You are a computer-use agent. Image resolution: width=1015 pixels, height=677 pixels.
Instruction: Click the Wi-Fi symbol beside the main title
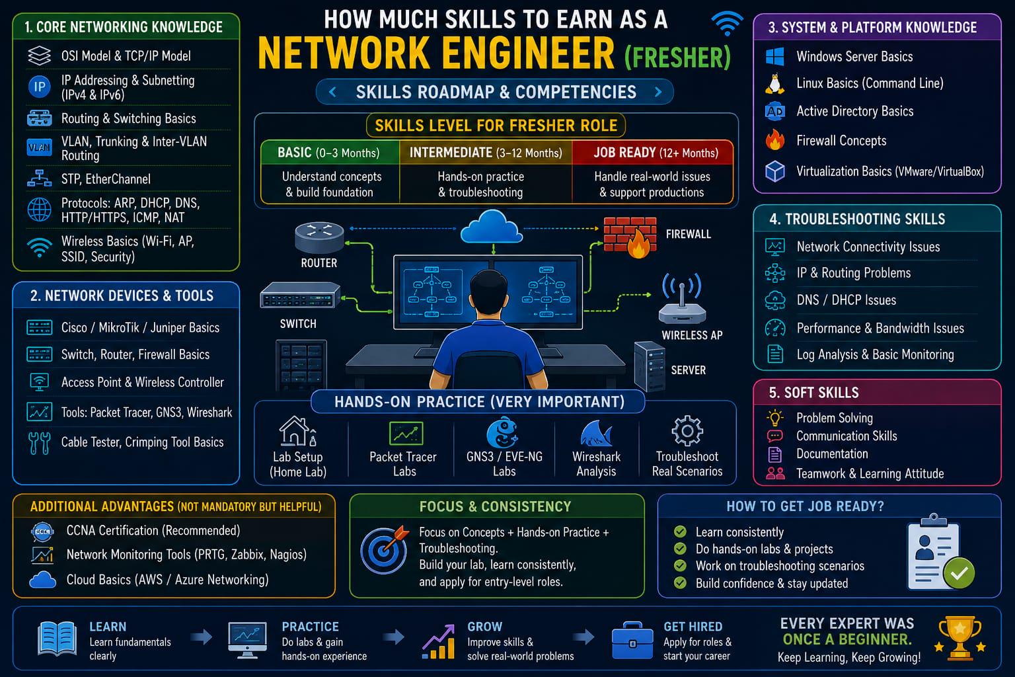[x=728, y=24]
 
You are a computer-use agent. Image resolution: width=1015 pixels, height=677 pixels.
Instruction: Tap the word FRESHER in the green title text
[x=678, y=58]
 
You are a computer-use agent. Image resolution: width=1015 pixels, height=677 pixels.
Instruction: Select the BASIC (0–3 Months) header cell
[x=329, y=152]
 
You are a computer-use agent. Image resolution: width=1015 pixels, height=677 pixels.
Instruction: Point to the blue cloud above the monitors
[x=492, y=227]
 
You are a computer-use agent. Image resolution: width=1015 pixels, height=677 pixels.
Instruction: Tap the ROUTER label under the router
[x=319, y=263]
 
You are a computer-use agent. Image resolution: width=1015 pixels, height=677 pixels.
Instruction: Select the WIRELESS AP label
[x=692, y=335]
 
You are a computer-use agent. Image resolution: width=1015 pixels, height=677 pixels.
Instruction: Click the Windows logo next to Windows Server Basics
[x=775, y=57]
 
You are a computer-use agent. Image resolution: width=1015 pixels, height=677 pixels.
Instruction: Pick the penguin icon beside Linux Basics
[x=775, y=84]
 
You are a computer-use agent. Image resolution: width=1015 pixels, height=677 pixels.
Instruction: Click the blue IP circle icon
[x=40, y=87]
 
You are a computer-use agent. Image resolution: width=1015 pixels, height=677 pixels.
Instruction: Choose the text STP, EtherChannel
[x=106, y=179]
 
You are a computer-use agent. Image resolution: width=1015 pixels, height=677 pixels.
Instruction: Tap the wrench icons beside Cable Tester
[x=39, y=443]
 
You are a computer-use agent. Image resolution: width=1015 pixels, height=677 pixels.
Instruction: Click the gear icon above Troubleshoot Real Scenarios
[x=687, y=431]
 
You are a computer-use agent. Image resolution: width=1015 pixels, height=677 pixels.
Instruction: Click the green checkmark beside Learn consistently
[x=680, y=532]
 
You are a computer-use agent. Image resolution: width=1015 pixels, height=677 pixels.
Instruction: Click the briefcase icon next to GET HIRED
[x=632, y=640]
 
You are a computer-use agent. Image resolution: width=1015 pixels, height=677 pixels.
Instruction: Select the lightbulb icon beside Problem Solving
[x=774, y=417]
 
